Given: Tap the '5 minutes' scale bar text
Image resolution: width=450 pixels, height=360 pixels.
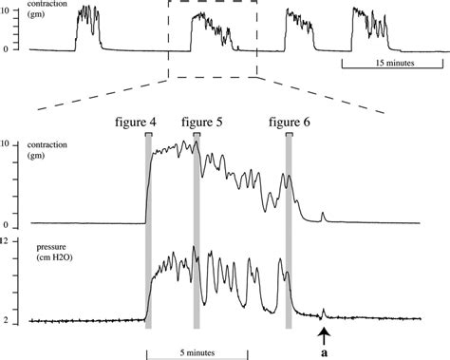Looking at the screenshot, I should click(x=196, y=353).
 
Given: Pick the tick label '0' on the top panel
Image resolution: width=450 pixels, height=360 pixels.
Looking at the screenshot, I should click(x=6, y=47).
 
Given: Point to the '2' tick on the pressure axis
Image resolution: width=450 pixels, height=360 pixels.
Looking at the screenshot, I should click(x=6, y=320).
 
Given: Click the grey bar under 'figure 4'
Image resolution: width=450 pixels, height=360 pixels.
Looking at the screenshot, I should click(x=148, y=233).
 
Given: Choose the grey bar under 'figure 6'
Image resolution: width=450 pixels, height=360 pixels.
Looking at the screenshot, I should click(x=289, y=233).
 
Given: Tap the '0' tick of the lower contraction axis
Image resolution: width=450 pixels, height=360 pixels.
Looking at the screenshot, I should click(x=6, y=225).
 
